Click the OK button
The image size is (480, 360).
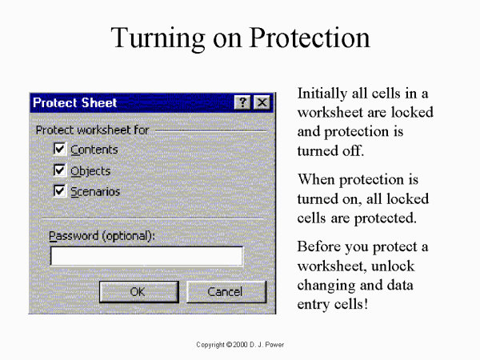pyautogui.click(x=139, y=292)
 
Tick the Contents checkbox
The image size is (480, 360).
pyautogui.click(x=59, y=149)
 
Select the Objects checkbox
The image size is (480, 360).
pyautogui.click(x=59, y=170)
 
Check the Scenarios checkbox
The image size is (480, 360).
pyautogui.click(x=59, y=191)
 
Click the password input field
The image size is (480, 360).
pyautogui.click(x=146, y=256)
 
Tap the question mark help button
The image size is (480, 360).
pyautogui.click(x=242, y=102)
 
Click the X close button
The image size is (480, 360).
pyautogui.click(x=262, y=102)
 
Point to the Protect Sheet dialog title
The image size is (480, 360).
pyautogui.click(x=75, y=102)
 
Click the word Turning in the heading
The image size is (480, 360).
pyautogui.click(x=158, y=38)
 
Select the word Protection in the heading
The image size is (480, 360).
pyautogui.click(x=310, y=38)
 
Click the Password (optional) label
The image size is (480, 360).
pyautogui.click(x=102, y=236)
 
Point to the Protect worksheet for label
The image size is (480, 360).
pyautogui.click(x=92, y=130)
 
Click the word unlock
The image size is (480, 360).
pyautogui.click(x=393, y=266)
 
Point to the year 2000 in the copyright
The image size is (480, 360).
pyautogui.click(x=240, y=345)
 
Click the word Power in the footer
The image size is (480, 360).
pyautogui.click(x=274, y=345)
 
